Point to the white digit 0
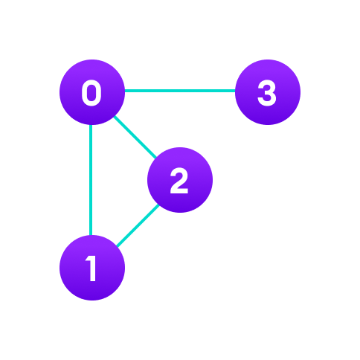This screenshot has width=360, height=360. pos(91,94)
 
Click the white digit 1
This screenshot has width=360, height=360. pos(91,269)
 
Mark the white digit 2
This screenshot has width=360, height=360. pos(179,181)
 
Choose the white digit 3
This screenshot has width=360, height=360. pos(266,94)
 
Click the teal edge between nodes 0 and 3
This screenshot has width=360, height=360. pos(179,91)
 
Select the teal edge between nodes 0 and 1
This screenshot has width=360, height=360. pos(91,179)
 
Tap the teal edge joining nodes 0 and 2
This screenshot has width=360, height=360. pos(135,137)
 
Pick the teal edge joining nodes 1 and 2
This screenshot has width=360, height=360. pos(136,225)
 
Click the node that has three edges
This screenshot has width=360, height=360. pos(92,92)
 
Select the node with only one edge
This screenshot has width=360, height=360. pos(268,92)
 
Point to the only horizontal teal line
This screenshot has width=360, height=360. pos(179,91)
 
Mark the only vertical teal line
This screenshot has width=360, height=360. pos(91,179)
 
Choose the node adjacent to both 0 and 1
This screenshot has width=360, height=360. pos(180,180)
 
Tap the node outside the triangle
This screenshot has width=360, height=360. pos(268,92)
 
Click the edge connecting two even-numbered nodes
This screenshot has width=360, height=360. pos(135,137)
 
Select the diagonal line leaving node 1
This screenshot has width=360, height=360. pos(136,225)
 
